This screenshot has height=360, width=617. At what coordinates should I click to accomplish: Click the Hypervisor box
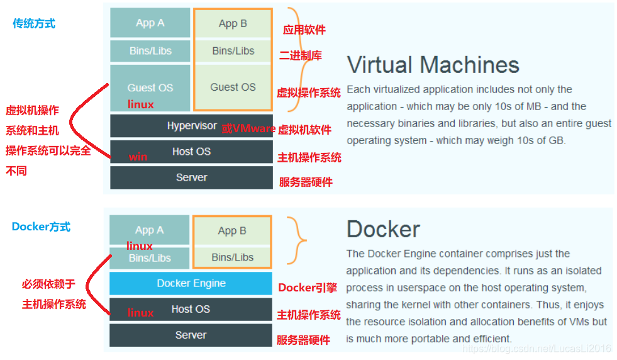[191, 126]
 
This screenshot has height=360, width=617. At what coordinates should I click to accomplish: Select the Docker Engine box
[191, 283]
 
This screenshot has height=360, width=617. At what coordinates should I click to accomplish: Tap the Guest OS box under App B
[233, 87]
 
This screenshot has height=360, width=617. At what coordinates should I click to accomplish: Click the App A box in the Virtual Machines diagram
[150, 23]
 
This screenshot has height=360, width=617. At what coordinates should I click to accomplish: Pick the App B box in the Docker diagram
[232, 230]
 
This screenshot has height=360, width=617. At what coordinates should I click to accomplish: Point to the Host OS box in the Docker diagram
[191, 309]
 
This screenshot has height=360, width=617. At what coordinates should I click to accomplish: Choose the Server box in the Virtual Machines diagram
[191, 177]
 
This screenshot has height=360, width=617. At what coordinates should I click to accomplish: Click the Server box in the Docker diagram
[191, 335]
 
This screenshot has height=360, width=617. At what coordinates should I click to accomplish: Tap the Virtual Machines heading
[433, 65]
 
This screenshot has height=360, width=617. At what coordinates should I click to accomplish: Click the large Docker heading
[383, 229]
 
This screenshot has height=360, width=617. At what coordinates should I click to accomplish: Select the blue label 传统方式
[34, 24]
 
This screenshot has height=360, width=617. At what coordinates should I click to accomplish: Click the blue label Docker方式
[41, 227]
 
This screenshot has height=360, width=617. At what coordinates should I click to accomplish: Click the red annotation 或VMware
[248, 129]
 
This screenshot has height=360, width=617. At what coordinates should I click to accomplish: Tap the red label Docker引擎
[308, 288]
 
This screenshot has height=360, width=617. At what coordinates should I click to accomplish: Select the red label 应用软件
[304, 30]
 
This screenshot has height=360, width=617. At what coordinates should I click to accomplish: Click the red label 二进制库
[301, 55]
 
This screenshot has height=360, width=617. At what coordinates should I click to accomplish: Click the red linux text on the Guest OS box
[140, 104]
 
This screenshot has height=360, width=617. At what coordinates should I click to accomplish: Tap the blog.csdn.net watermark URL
[536, 348]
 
